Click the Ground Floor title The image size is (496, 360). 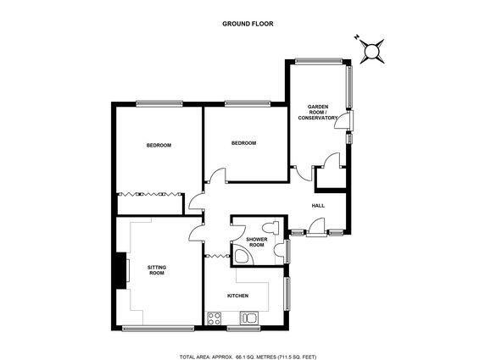[x=248, y=24]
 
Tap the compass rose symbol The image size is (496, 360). [x=372, y=51]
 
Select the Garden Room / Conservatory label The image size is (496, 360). [x=318, y=113]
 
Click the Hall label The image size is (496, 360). [x=318, y=206]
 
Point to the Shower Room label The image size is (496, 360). [x=257, y=242]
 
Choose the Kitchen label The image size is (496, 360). [x=238, y=296]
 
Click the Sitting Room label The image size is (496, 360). [x=157, y=270]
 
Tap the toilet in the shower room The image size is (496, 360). [x=270, y=227]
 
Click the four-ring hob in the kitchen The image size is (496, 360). [x=214, y=318]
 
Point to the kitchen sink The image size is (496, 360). [x=249, y=318]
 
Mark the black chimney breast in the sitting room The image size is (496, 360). [x=121, y=270]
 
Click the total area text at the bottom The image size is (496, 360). [x=248, y=357]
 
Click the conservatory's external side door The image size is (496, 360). [x=343, y=119]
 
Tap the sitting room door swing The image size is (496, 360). [x=196, y=232]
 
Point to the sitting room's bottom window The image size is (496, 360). [x=158, y=329]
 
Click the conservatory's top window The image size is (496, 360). [x=319, y=61]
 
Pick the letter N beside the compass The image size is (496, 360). [x=357, y=37]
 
